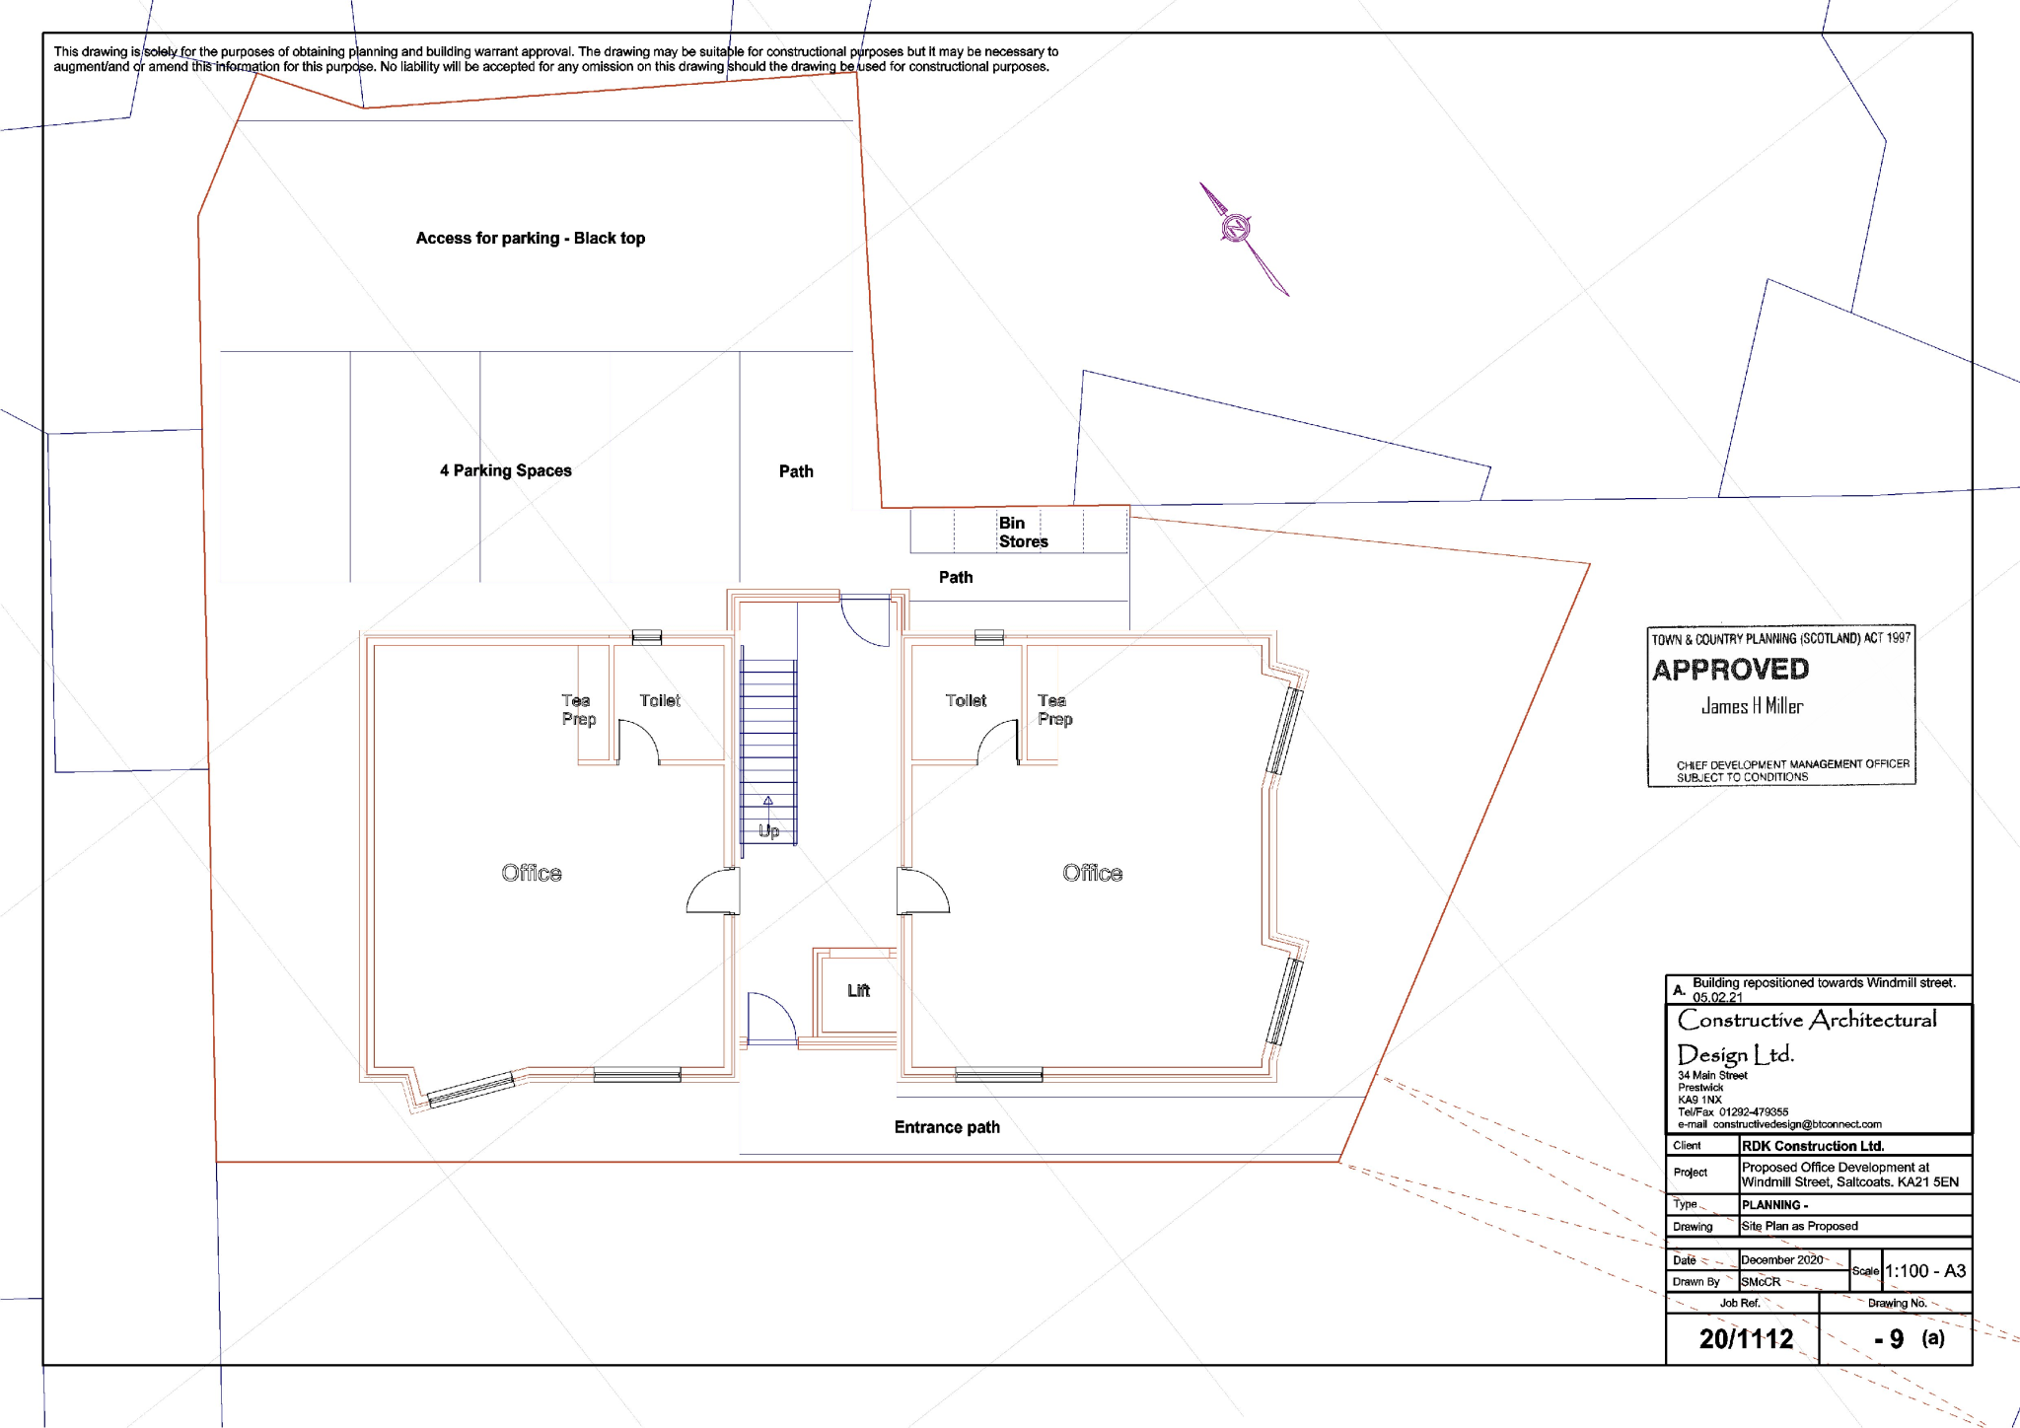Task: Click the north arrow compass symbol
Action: [x=1237, y=229]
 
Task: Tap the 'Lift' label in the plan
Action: [x=858, y=990]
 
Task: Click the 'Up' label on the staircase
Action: [x=768, y=831]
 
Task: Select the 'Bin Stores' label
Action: [x=1022, y=533]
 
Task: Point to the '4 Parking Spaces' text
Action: [x=505, y=470]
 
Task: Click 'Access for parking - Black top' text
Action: [x=530, y=238]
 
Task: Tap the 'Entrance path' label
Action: [x=947, y=1127]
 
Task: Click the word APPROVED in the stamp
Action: [x=1730, y=670]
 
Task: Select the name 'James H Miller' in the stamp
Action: [x=1752, y=706]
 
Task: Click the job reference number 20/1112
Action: [x=1746, y=1338]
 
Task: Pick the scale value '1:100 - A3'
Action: [x=1924, y=1271]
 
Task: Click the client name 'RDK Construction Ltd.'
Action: [x=1812, y=1146]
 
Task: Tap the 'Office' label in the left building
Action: [x=531, y=873]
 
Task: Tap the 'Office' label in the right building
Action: [x=1092, y=873]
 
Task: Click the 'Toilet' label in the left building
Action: [x=659, y=700]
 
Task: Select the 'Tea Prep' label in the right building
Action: [x=1053, y=709]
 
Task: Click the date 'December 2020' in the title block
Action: [x=1781, y=1259]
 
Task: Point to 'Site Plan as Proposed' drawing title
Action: [x=1799, y=1226]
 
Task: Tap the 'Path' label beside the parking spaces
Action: [x=796, y=471]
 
